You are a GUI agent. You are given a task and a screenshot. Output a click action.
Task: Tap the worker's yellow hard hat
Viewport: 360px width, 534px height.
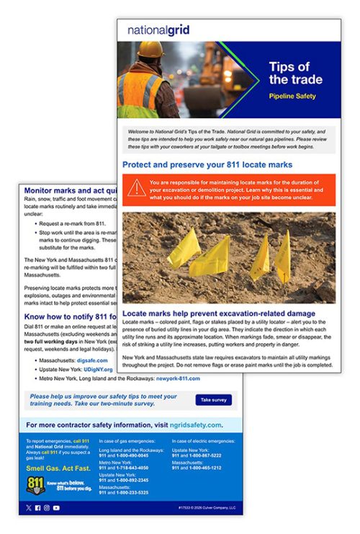coord(150,49)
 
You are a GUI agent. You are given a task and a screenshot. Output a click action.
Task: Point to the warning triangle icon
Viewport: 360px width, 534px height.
coord(136,188)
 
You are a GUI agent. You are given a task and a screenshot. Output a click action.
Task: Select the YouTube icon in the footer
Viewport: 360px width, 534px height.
coord(56,508)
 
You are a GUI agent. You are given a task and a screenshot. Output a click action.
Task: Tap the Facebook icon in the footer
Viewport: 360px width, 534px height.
coord(37,508)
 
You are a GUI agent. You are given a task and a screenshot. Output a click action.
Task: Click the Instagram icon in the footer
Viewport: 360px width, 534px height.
coord(47,508)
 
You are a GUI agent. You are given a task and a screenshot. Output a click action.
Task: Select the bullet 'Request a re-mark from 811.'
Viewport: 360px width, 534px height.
coord(78,223)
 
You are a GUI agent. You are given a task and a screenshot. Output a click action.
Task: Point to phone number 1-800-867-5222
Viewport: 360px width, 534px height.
coord(203,455)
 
